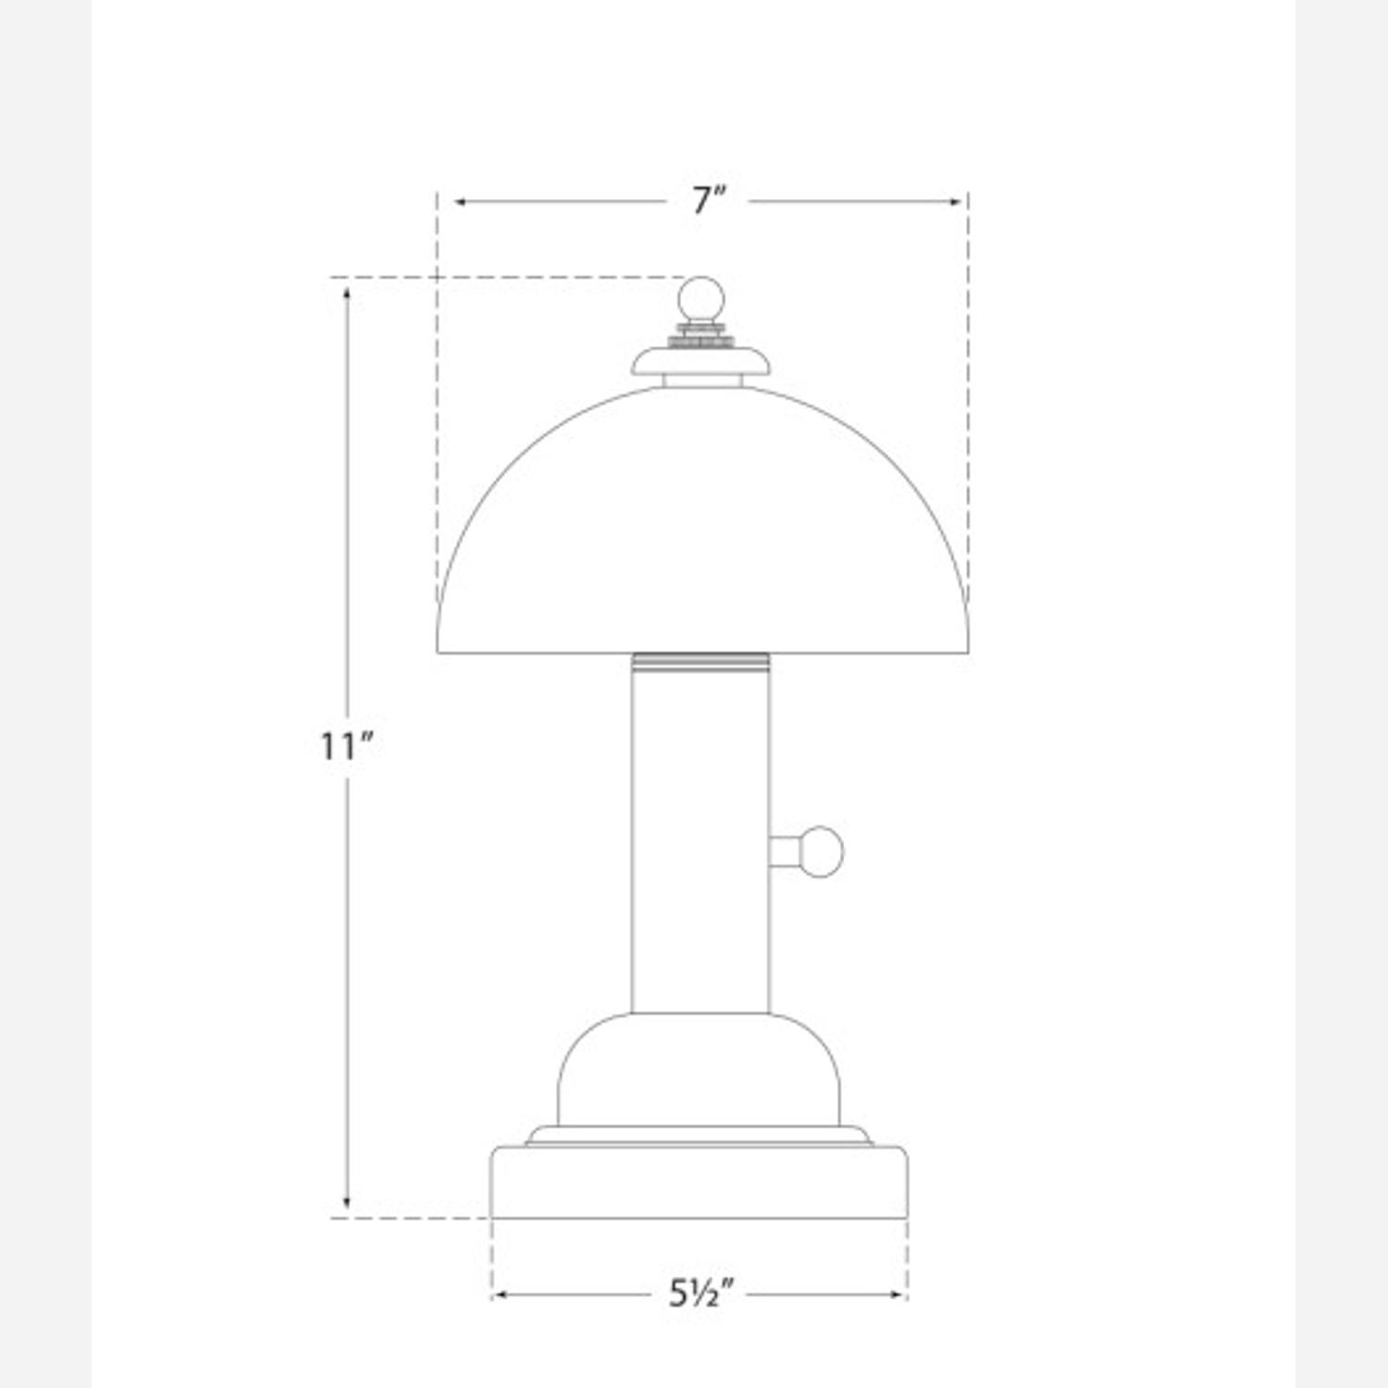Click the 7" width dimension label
[709, 201]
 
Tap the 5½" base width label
[700, 1293]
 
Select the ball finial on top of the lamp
[700, 298]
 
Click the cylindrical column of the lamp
[700, 833]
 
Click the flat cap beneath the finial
[700, 362]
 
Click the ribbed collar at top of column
[700, 661]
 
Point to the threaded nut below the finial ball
[700, 334]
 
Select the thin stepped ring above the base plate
[699, 1135]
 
